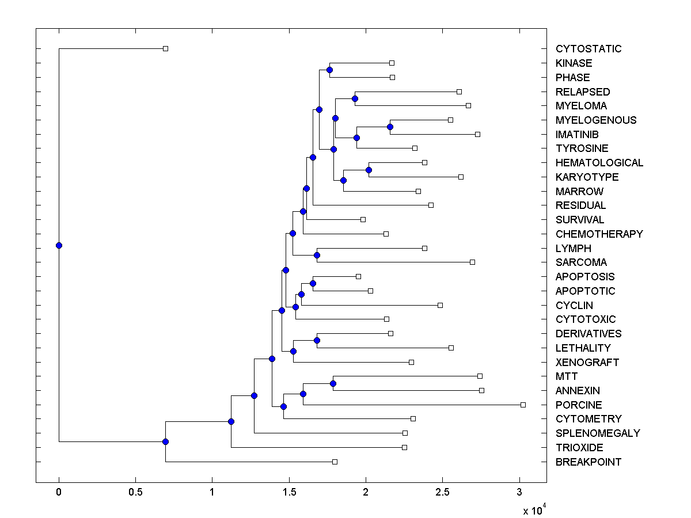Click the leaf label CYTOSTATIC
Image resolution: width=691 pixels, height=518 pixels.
tap(589, 49)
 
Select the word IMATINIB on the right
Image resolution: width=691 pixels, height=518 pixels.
tap(577, 135)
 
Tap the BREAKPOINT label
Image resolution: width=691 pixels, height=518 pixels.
tap(589, 462)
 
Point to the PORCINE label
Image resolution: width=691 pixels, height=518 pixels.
tap(579, 405)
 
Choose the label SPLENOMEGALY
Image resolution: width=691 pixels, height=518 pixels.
tap(598, 433)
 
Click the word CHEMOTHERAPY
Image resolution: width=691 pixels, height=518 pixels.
tap(599, 234)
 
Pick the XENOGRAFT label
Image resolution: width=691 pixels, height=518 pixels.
tap(587, 363)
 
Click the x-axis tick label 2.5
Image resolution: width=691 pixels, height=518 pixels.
tap(442, 492)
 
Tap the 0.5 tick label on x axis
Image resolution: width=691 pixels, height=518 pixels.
tap(135, 492)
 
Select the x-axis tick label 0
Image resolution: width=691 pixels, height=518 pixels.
tap(59, 492)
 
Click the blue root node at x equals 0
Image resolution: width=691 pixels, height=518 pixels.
tap(59, 246)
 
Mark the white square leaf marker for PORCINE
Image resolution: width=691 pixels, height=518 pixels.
tap(523, 405)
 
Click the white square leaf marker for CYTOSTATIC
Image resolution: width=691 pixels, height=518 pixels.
tap(165, 49)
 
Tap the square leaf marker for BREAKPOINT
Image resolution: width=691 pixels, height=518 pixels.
tap(335, 462)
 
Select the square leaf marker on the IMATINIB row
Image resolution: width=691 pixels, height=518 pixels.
tap(477, 134)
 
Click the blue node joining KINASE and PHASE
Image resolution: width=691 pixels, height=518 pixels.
tap(329, 70)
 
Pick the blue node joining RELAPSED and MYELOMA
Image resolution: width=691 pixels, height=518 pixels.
tap(355, 99)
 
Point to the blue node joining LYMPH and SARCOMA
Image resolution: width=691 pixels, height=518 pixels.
tap(317, 255)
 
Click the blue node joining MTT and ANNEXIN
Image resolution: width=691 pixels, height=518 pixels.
tap(333, 383)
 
